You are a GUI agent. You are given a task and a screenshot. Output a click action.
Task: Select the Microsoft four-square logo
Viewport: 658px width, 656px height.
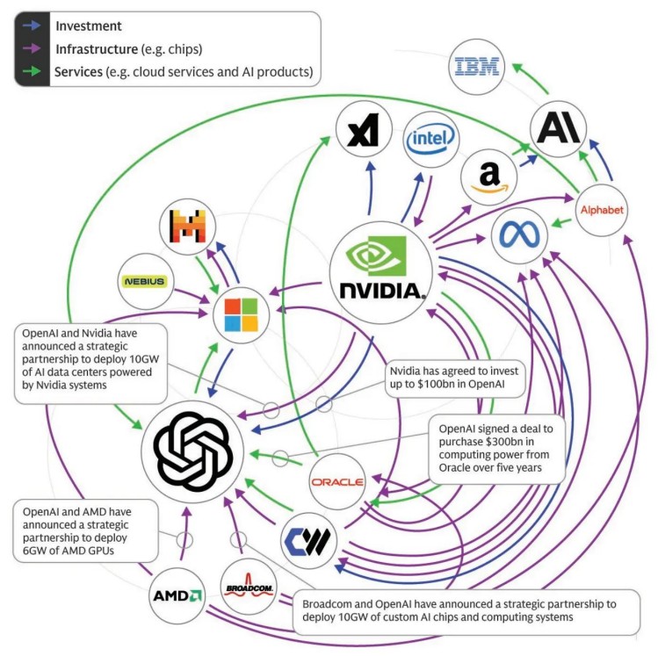pyautogui.click(x=239, y=314)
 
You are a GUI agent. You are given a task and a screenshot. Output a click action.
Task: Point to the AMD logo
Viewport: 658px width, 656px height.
pyautogui.click(x=177, y=595)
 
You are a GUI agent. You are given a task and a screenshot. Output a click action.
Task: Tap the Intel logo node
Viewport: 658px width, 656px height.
pyautogui.click(x=431, y=138)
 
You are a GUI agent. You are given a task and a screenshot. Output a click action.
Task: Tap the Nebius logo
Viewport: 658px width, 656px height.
pyautogui.click(x=143, y=281)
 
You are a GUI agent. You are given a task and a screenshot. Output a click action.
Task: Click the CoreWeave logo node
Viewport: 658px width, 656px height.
pyautogui.click(x=311, y=538)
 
